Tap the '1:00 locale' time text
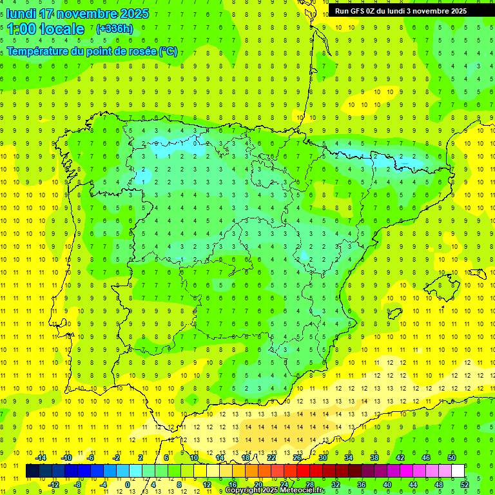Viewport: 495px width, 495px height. point(45,29)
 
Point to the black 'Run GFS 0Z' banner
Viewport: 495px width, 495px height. point(405,11)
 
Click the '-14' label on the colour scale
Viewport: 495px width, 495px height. point(41,458)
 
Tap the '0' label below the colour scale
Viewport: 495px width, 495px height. point(128,485)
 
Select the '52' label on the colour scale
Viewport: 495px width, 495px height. point(465,485)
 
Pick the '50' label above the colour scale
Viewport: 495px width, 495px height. point(452,458)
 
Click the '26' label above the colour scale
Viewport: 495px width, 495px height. point(296,458)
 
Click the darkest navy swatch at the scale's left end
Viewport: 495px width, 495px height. point(32,471)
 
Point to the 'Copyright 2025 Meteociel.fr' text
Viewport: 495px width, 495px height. point(275,490)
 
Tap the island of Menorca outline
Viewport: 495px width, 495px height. point(476,274)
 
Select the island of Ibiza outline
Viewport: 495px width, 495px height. point(391,314)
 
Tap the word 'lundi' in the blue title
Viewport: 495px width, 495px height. point(21,14)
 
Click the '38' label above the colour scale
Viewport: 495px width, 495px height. point(374,458)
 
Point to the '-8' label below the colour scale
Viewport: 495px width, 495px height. point(77,485)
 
